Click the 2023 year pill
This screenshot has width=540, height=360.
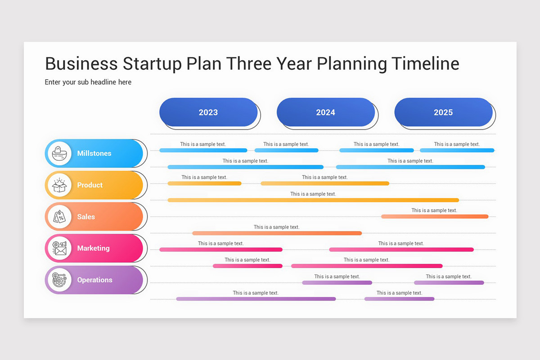point(208,112)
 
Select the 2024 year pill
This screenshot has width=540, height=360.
point(326,112)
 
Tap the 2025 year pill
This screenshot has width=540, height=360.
point(443,112)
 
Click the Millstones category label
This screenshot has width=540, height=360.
point(94,153)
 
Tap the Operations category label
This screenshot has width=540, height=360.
point(94,280)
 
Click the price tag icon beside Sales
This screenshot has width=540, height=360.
point(59,216)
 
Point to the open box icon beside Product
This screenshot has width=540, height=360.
point(59,185)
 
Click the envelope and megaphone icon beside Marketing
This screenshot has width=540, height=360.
point(59,248)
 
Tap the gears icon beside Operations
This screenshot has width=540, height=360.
point(59,280)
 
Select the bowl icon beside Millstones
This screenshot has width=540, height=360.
point(59,153)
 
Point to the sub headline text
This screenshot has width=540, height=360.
point(88,82)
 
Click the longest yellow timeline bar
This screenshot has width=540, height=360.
point(313,200)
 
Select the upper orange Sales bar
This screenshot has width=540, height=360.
point(435,216)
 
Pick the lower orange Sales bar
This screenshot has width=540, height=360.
point(277,233)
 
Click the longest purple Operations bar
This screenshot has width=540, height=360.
point(256,299)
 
